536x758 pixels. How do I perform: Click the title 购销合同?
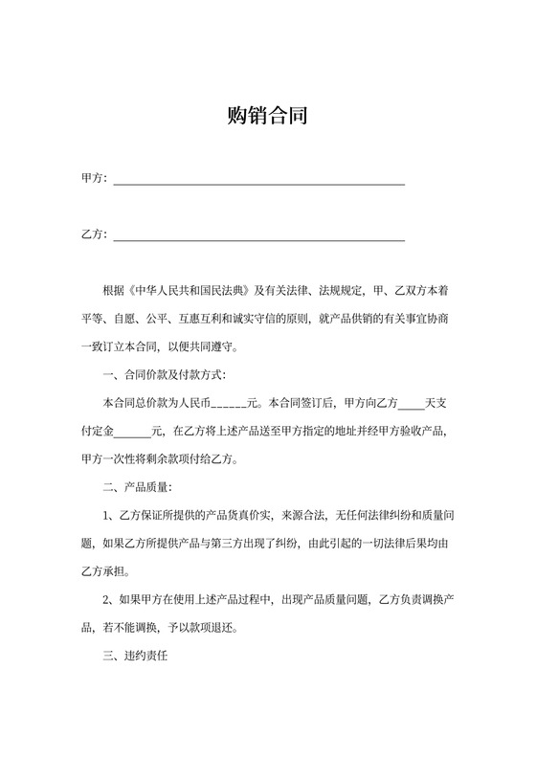267,117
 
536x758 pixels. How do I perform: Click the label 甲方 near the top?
93,179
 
